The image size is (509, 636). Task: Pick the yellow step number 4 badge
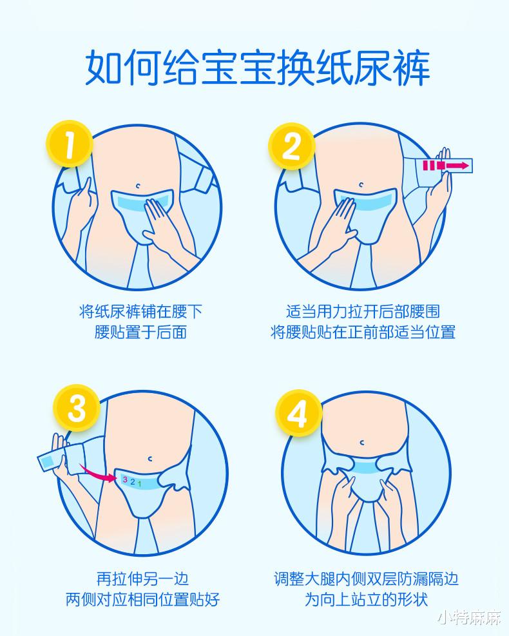[x=298, y=412]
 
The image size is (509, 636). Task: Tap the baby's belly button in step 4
[x=362, y=442]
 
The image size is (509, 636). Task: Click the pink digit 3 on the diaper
[x=124, y=479]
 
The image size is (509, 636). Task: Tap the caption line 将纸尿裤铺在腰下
[x=140, y=312]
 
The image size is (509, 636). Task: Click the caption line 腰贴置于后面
[x=140, y=332]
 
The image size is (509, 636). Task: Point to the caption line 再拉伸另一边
[x=142, y=579]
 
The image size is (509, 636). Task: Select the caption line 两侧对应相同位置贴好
[x=142, y=599]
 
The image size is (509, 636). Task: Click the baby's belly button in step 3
[x=149, y=458]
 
